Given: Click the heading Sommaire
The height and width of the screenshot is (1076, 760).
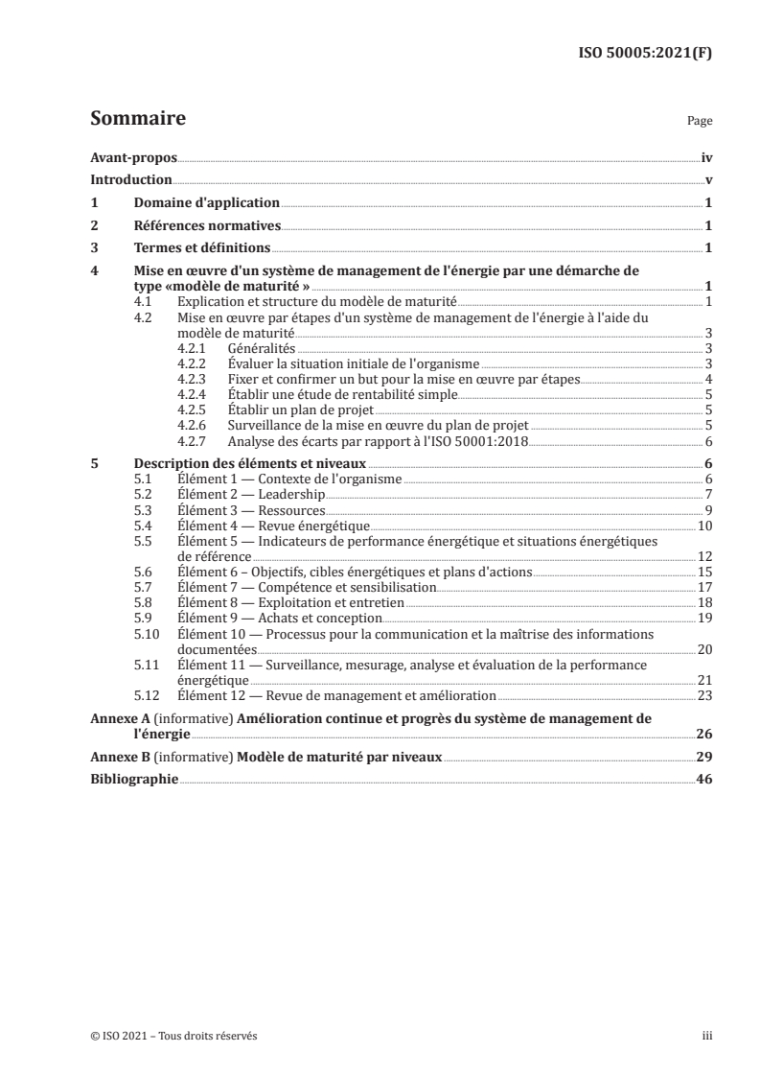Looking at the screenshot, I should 137,120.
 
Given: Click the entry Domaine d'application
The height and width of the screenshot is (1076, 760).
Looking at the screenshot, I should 205,202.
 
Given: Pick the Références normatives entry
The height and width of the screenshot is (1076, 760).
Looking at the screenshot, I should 206,225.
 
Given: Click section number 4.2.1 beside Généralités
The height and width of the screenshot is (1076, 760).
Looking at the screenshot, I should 195,348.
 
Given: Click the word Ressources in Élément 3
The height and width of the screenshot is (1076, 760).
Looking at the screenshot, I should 293,509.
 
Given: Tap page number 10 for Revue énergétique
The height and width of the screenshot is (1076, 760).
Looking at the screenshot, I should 704,526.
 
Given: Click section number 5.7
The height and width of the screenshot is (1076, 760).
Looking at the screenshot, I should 142,586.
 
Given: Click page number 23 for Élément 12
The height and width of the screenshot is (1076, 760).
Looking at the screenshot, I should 704,695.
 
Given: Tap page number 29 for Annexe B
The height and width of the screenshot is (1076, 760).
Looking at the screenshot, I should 704,757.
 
